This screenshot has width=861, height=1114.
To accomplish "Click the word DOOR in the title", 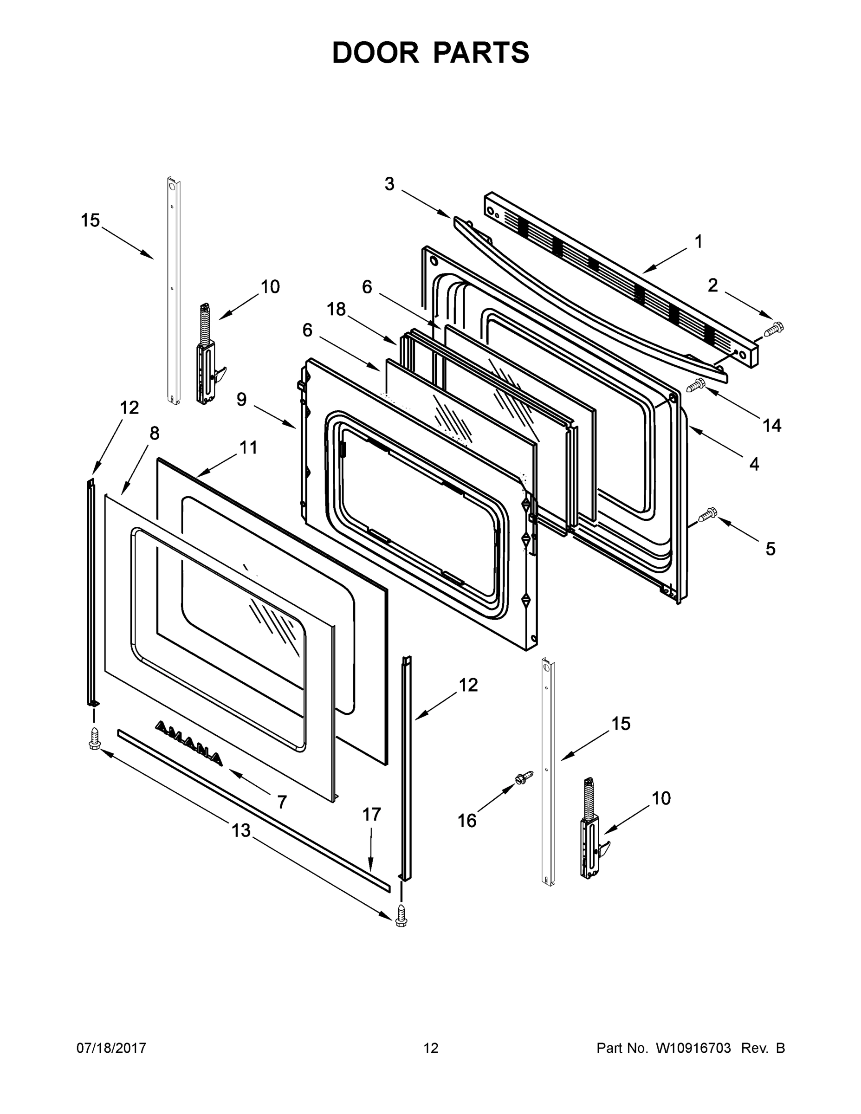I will click(x=375, y=52).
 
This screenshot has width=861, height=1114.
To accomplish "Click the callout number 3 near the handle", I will click(x=389, y=184).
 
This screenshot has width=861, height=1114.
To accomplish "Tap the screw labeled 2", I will click(x=774, y=329).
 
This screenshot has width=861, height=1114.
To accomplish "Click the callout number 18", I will click(x=336, y=309).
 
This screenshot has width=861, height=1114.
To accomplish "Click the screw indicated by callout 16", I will click(x=524, y=777).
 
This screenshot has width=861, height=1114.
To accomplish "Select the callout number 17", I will click(x=371, y=815).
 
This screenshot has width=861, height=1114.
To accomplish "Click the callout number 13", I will click(x=241, y=830).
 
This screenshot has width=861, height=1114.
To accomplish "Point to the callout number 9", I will click(x=241, y=399).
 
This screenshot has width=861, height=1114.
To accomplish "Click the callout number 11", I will click(x=248, y=447).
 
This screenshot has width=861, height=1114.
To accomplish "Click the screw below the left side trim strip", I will click(x=94, y=739).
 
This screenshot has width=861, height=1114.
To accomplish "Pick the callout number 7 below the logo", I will click(x=282, y=802).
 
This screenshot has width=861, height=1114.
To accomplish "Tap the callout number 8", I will click(x=154, y=434).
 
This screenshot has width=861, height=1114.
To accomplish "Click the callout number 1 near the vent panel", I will click(x=698, y=242).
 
